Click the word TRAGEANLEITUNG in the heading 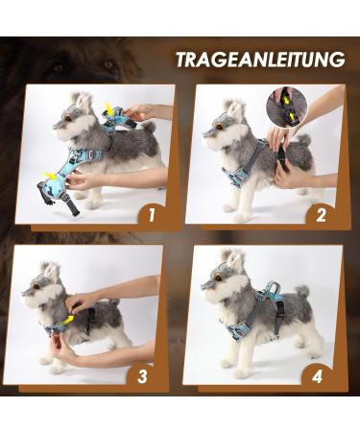(x=259, y=60)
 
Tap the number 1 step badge (x=150, y=214)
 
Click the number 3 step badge (x=141, y=373)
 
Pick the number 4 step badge (x=315, y=373)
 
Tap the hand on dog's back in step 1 (x=144, y=112)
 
